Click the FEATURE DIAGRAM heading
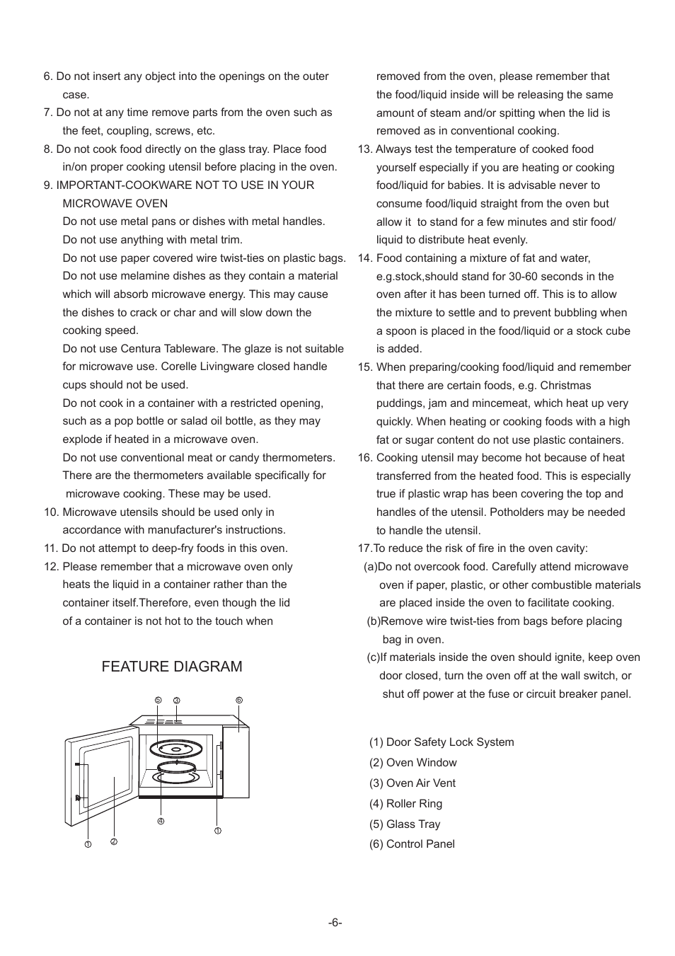click(x=171, y=667)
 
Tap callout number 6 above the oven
click(x=239, y=700)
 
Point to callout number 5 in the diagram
click(x=158, y=700)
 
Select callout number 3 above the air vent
click(x=177, y=701)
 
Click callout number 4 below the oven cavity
click(x=161, y=821)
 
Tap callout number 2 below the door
click(x=113, y=841)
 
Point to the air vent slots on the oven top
click(x=164, y=722)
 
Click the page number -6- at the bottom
click(x=335, y=923)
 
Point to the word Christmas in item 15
click(x=565, y=386)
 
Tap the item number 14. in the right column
click(x=365, y=258)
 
